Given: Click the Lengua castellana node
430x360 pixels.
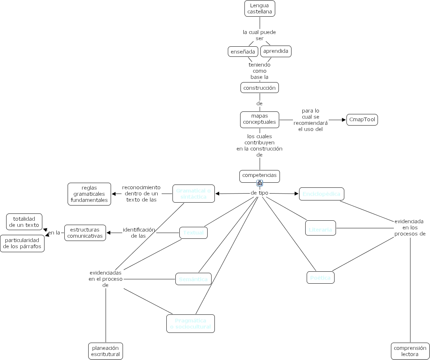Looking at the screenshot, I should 260,9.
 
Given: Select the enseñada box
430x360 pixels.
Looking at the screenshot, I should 243,52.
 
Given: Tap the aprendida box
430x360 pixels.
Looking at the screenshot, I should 276,51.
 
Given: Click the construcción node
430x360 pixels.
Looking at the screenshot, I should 259,88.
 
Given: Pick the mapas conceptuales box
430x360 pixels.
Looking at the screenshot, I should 259,119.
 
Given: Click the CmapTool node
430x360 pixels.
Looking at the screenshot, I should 362,120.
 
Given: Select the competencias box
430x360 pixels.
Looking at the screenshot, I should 259,176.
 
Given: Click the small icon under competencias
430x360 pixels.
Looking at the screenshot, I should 260,183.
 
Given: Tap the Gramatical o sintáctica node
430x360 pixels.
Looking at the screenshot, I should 193,194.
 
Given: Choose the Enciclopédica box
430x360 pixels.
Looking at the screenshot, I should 322,194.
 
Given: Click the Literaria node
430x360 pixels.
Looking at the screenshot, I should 320,228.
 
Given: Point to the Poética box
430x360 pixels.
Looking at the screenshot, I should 320,278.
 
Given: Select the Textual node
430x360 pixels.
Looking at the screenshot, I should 193,233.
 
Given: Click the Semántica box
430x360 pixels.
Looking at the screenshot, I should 193,279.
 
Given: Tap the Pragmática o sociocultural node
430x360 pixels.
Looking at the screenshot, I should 190,323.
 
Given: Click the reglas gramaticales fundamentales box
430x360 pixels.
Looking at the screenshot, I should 89,194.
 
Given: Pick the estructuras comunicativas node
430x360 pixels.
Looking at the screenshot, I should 85,233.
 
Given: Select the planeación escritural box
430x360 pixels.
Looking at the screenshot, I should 106,351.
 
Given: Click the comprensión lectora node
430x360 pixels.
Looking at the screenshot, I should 410,351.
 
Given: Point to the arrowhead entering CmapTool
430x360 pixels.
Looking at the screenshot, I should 344,120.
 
